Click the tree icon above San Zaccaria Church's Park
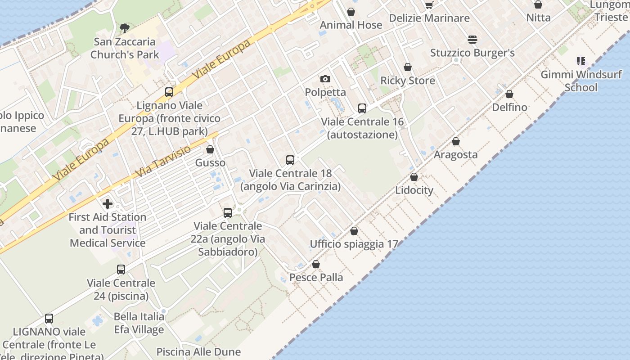point(124,28)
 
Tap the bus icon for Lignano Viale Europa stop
point(169,92)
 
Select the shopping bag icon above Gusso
point(210,149)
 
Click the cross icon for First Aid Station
point(108,204)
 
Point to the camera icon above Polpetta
point(325,79)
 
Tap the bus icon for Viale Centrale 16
point(362,108)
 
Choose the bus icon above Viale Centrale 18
point(290,160)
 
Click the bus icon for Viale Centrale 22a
point(228,212)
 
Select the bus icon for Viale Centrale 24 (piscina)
point(121,270)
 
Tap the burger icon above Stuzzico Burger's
point(472,40)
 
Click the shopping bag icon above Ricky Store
point(408,67)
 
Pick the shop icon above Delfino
point(509,94)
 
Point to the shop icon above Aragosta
point(456,141)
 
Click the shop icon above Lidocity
point(414,177)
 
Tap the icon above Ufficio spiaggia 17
point(354,231)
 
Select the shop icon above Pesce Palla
point(316,264)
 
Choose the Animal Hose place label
point(351,25)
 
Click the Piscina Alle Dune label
point(198,351)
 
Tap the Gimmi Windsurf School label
point(581,81)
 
